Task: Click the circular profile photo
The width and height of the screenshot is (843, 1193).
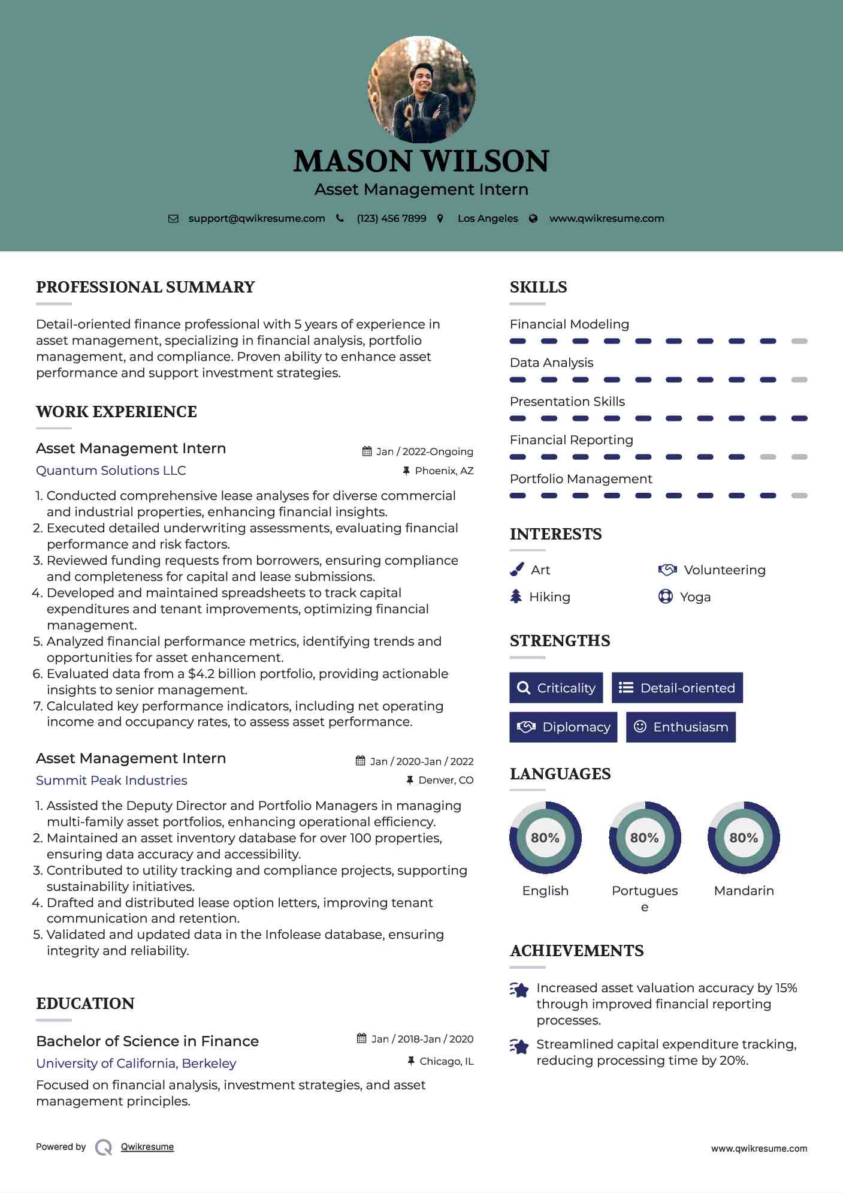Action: pos(421,90)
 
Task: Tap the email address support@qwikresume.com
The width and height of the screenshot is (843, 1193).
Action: pos(256,218)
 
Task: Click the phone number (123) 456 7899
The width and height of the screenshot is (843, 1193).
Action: pos(391,218)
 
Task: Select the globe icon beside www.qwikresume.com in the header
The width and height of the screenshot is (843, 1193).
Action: pos(533,219)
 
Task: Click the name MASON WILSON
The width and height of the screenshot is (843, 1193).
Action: pos(421,161)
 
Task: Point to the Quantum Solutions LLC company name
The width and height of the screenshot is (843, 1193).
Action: pos(111,471)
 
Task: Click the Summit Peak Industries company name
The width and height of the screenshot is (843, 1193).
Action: pos(111,781)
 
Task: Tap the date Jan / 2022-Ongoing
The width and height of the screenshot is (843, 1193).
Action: pos(424,451)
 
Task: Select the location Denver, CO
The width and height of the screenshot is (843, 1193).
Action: pos(446,780)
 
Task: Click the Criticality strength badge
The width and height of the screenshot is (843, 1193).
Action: pos(556,688)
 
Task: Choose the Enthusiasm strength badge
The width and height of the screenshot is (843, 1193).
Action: pos(681,727)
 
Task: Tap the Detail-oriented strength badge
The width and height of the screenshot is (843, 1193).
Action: pos(677,688)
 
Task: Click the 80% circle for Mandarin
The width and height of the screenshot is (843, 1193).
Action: pos(744,837)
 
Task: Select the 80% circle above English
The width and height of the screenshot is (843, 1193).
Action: pos(545,837)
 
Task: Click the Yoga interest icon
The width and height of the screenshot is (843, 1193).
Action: pos(665,596)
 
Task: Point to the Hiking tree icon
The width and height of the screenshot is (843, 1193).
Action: pos(516,596)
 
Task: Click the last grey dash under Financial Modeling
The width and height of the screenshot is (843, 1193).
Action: pos(799,341)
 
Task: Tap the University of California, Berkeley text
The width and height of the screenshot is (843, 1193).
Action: pos(136,1064)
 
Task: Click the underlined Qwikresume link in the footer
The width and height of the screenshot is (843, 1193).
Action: pos(147,1147)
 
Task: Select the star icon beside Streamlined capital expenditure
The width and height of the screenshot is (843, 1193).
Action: pos(519,1047)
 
